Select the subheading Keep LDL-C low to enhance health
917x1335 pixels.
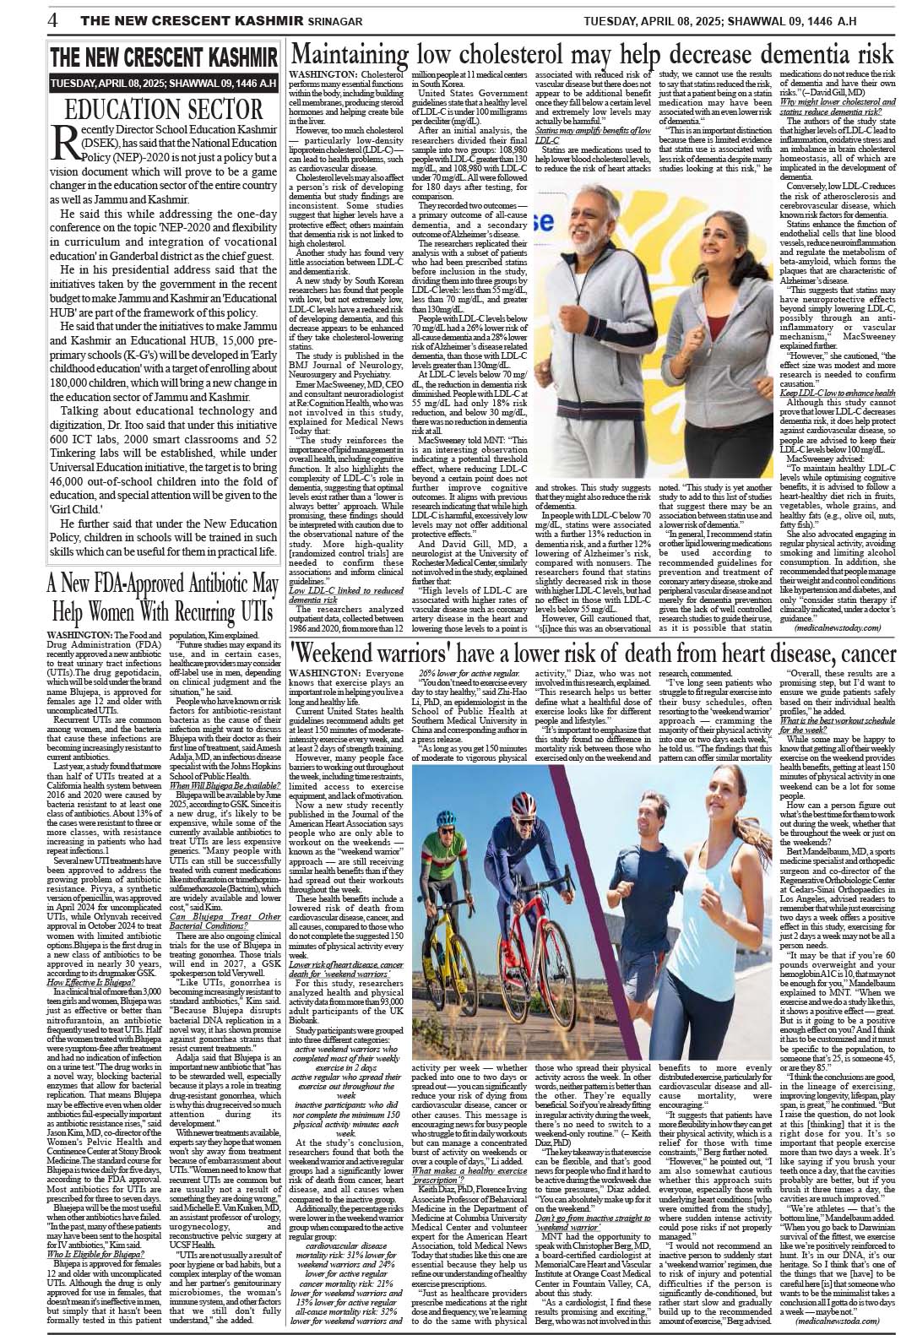point(837,393)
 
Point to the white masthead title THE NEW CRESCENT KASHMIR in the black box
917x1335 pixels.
point(164,58)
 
